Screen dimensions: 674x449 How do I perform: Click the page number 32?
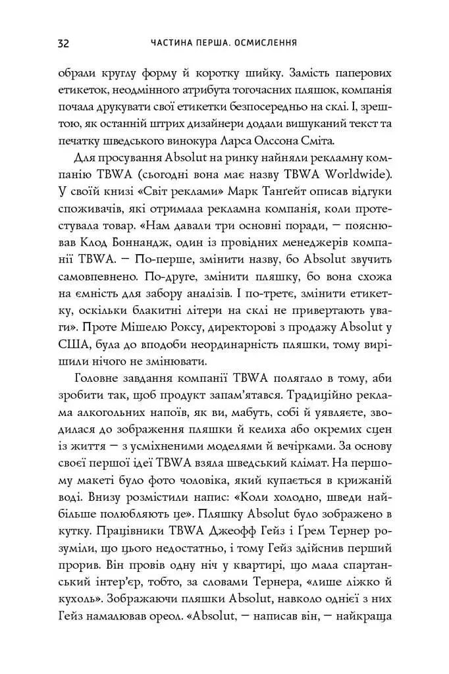(64, 43)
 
